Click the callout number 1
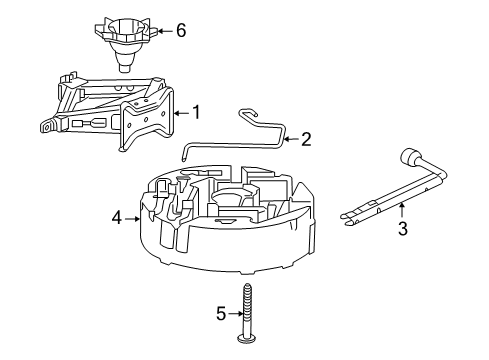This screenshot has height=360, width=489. click(x=196, y=113)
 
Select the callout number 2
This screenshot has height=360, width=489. click(x=306, y=139)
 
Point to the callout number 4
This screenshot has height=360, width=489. click(x=117, y=215)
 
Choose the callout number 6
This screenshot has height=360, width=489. click(x=180, y=30)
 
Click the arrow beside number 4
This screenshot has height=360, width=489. click(x=132, y=215)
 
